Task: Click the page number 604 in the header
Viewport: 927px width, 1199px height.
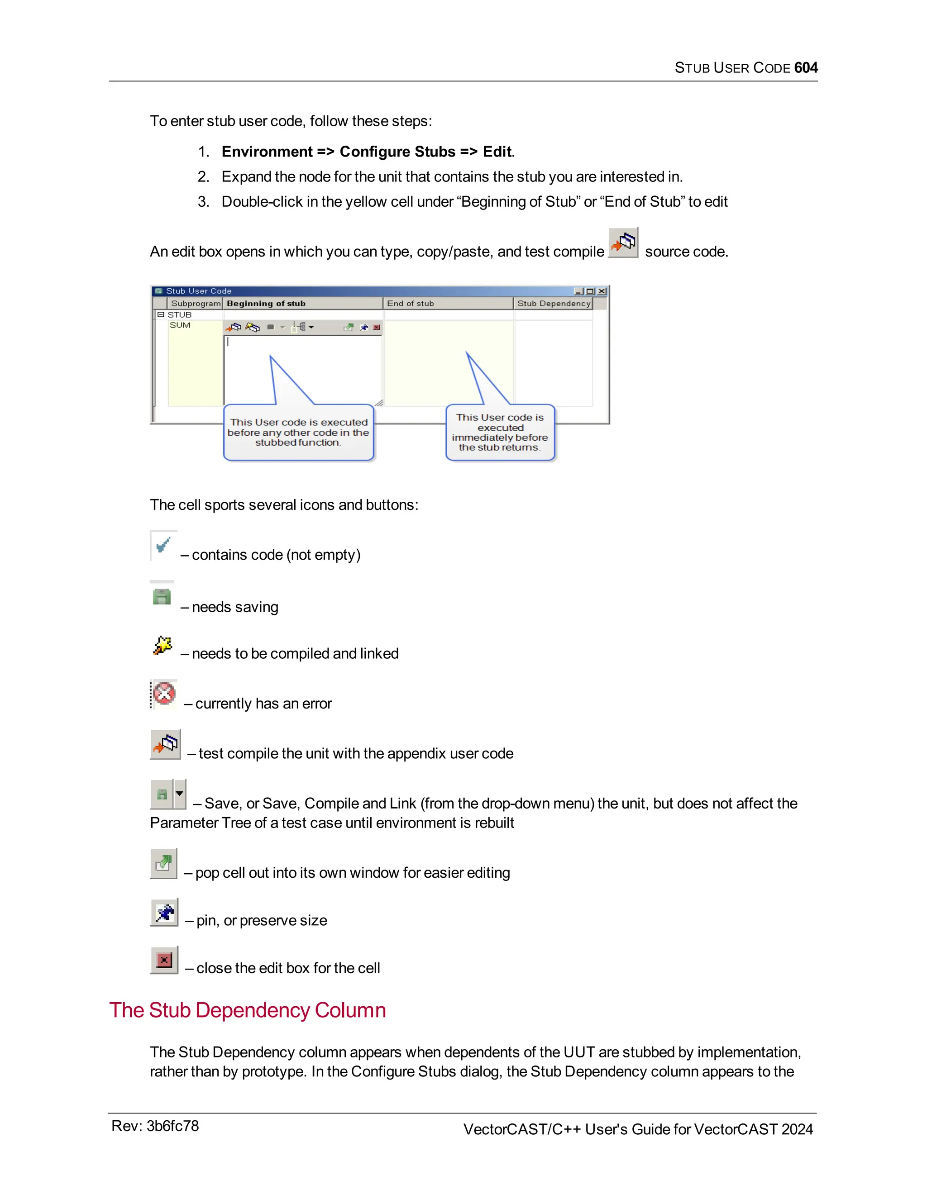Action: [x=805, y=67]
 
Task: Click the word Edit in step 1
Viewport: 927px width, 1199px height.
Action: [x=497, y=152]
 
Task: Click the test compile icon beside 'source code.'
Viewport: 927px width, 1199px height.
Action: [x=623, y=243]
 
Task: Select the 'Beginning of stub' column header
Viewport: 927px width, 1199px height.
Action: [x=266, y=304]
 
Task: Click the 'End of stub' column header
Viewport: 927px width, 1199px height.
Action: [x=410, y=304]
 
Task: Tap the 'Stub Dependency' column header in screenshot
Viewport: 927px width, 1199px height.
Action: [x=553, y=304]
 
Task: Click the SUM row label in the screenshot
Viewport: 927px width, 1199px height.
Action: [x=180, y=325]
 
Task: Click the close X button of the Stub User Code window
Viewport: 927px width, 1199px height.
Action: [x=602, y=291]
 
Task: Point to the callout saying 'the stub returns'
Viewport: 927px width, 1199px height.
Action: [x=500, y=433]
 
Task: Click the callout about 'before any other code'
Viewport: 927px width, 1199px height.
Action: [x=298, y=433]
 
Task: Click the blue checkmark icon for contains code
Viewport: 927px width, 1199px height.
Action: [x=163, y=545]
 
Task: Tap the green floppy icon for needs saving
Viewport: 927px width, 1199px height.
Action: [x=162, y=596]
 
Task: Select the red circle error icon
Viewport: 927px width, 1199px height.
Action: [x=164, y=693]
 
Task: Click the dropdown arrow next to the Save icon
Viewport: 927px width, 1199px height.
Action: [x=180, y=794]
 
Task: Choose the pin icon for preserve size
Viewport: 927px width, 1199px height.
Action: [x=164, y=913]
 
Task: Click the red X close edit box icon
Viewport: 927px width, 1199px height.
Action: [x=164, y=960]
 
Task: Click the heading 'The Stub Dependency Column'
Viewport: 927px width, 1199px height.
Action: [x=247, y=1010]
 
